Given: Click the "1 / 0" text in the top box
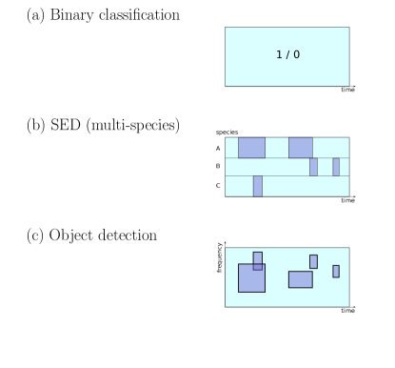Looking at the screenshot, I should (x=287, y=55).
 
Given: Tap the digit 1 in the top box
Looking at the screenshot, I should (x=279, y=55).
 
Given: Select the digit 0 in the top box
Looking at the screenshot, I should (x=296, y=55).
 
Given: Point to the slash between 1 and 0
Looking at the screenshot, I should (x=287, y=55).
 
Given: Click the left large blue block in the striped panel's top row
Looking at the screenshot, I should (x=251, y=147).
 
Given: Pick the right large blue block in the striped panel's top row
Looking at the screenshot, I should (x=301, y=147).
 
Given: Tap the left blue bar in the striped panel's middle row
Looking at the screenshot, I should (x=313, y=167).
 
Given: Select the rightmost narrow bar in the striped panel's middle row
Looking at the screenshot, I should (x=336, y=167).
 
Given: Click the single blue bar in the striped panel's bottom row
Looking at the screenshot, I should (x=257, y=186).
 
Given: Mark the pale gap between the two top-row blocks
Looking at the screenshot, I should (x=277, y=147).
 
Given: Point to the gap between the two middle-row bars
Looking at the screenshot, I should (x=325, y=167).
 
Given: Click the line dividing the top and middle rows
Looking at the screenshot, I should (x=286, y=157).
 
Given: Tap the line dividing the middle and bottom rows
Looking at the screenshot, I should (x=286, y=176).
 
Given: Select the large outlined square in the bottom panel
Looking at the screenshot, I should (x=249, y=280).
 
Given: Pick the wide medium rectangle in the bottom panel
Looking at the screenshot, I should (x=301, y=279).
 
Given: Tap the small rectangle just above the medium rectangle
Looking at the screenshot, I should (x=313, y=261).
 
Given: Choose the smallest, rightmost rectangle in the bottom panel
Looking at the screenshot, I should (x=336, y=271).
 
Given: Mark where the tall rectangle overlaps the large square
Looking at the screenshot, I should (x=258, y=267).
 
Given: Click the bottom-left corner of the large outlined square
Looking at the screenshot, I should (x=239, y=291).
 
